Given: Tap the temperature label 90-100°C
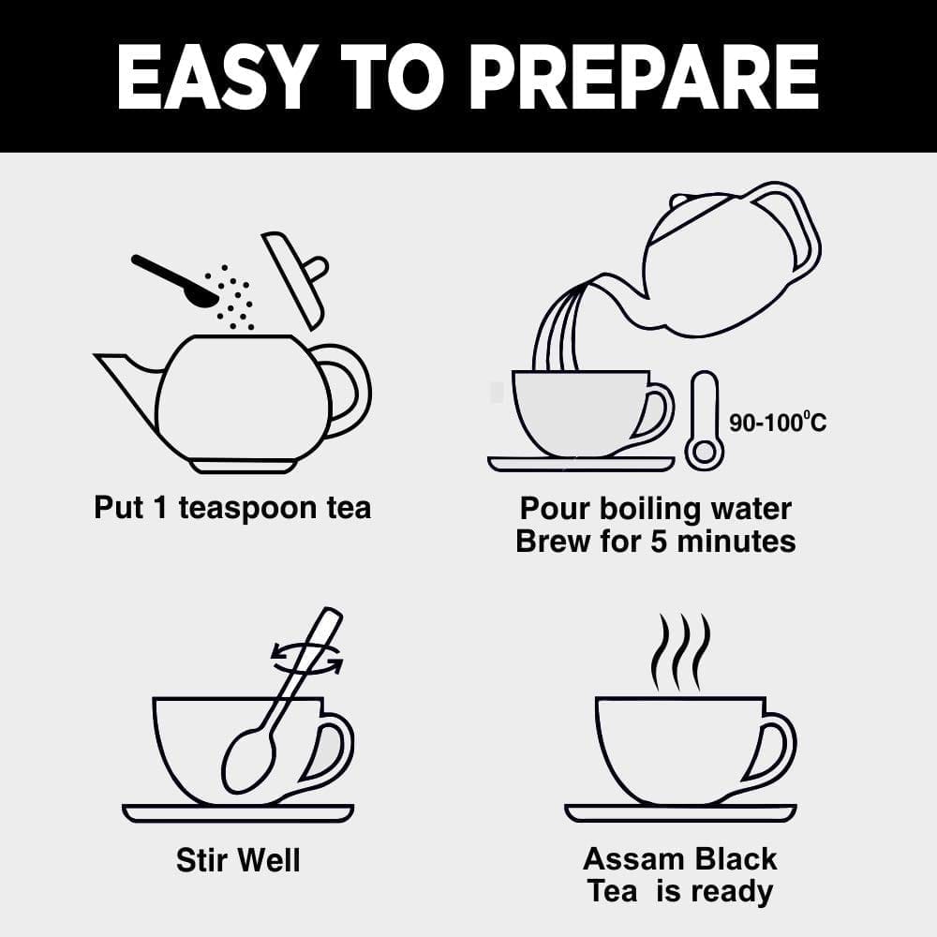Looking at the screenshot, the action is (x=778, y=422).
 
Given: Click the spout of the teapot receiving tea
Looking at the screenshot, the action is (x=128, y=382).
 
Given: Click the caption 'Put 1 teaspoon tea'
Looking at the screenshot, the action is (x=232, y=508).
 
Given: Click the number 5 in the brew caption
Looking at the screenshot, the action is (x=659, y=542).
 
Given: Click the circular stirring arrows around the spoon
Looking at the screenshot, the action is (x=307, y=659).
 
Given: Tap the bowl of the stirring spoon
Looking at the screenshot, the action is (x=249, y=761).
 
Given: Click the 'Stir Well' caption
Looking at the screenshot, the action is (x=238, y=860).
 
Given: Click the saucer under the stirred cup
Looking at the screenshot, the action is (x=238, y=813).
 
